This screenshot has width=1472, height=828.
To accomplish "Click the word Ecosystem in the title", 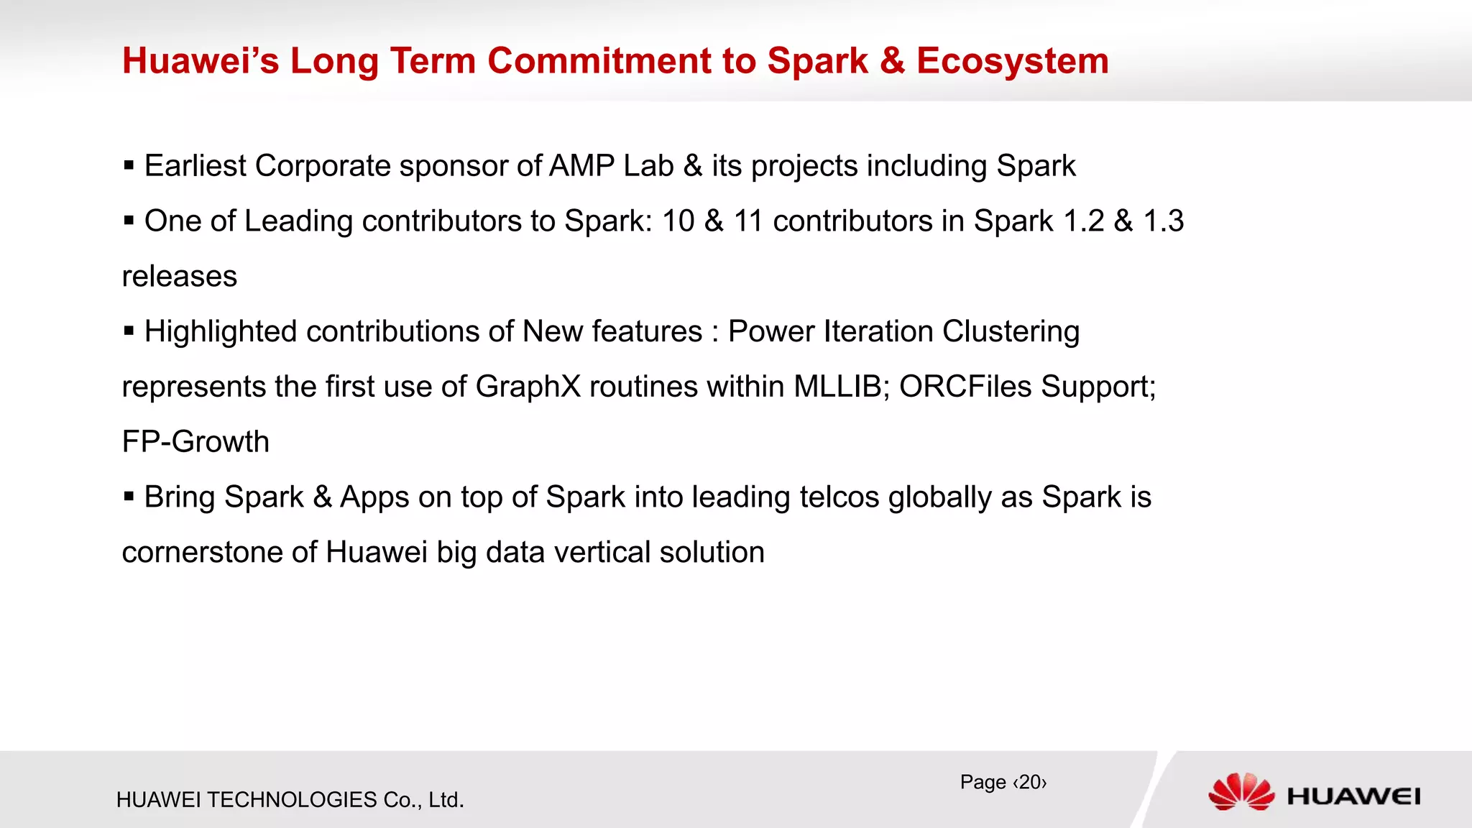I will pos(1012,61).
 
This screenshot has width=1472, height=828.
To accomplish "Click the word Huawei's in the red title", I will pos(201,61).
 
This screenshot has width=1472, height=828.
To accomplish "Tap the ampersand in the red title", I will pos(892,61).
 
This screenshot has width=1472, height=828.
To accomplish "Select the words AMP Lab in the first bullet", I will pos(611,166).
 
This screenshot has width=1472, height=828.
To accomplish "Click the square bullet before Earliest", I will pos(129,166).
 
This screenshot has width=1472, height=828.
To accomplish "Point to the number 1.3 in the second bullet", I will pos(1163,221).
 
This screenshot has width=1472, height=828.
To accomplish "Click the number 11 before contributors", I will pos(747,221).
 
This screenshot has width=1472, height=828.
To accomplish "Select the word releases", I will pos(180,277).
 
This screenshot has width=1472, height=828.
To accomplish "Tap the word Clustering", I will pos(1011,332).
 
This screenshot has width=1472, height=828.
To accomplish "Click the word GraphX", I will pos(528,387).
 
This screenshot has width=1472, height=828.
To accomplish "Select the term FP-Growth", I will pos(195,442).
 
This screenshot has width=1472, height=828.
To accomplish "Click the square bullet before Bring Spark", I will pos(129,497).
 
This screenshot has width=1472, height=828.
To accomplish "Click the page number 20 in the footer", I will pos(1029,782).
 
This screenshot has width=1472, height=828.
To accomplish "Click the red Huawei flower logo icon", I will pos(1241,792).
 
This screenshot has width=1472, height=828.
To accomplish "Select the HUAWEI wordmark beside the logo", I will pos(1353,796).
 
